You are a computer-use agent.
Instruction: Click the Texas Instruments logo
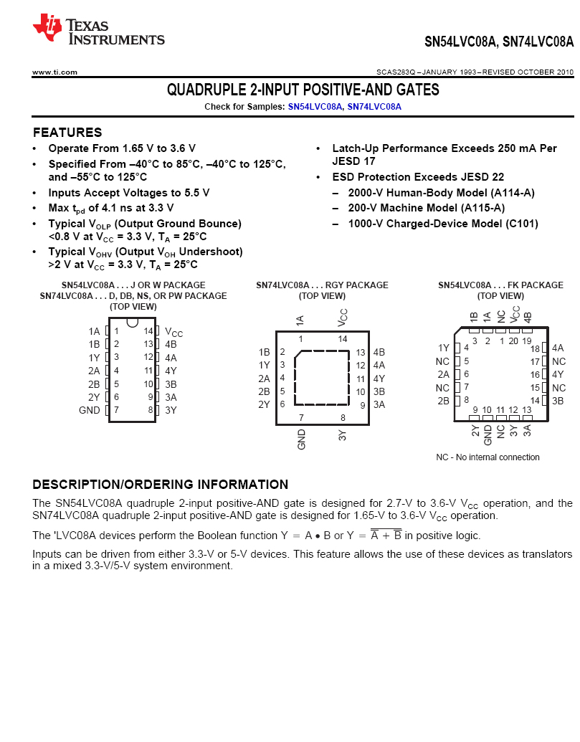pos(98,31)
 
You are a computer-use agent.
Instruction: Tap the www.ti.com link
pos(54,72)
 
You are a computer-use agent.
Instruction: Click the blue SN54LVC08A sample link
pos(315,106)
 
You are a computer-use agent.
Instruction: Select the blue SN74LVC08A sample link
pos(374,106)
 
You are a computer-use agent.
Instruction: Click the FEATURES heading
pos(67,133)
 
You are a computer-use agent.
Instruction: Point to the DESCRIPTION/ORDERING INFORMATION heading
pos(161,485)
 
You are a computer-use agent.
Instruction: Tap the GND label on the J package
pos(90,410)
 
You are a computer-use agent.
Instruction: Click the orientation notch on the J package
pos(133,322)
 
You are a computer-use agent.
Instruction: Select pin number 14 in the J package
pos(148,331)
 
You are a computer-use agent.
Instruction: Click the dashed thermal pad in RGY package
pos(322,378)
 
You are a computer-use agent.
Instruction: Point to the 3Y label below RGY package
pos(343,435)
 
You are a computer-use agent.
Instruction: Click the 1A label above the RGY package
pos(300,320)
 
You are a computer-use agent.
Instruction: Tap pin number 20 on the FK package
pos(513,341)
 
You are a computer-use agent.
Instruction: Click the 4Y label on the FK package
pos(558,374)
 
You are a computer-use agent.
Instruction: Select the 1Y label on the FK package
pos(444,348)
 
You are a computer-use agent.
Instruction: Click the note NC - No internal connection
pos(488,457)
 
